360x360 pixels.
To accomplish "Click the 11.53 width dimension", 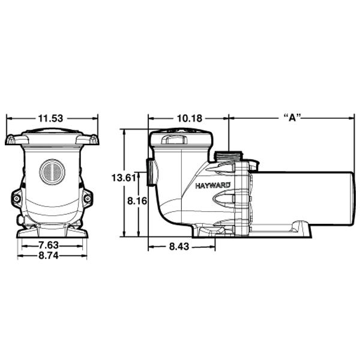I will click(x=52, y=118).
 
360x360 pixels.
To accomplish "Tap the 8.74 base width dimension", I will click(x=52, y=255).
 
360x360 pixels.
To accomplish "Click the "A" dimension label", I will click(x=291, y=118).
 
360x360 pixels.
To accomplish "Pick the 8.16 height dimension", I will click(x=137, y=202).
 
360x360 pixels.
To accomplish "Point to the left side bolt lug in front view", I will click(x=16, y=197).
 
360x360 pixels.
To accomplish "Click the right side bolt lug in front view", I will click(x=88, y=197).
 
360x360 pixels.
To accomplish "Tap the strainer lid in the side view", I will click(x=180, y=138).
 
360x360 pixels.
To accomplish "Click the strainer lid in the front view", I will click(x=52, y=137).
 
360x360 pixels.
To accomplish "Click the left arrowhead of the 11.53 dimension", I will click(x=8, y=118).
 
